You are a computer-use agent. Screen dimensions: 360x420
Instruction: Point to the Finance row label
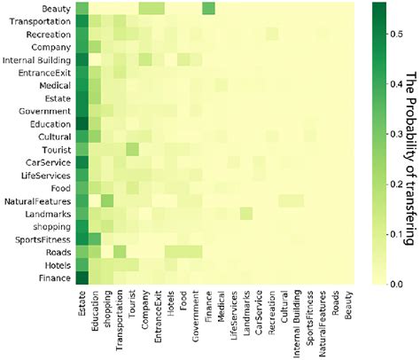coord(53,278)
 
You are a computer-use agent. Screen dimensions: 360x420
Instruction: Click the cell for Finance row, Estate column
coord(82,278)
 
